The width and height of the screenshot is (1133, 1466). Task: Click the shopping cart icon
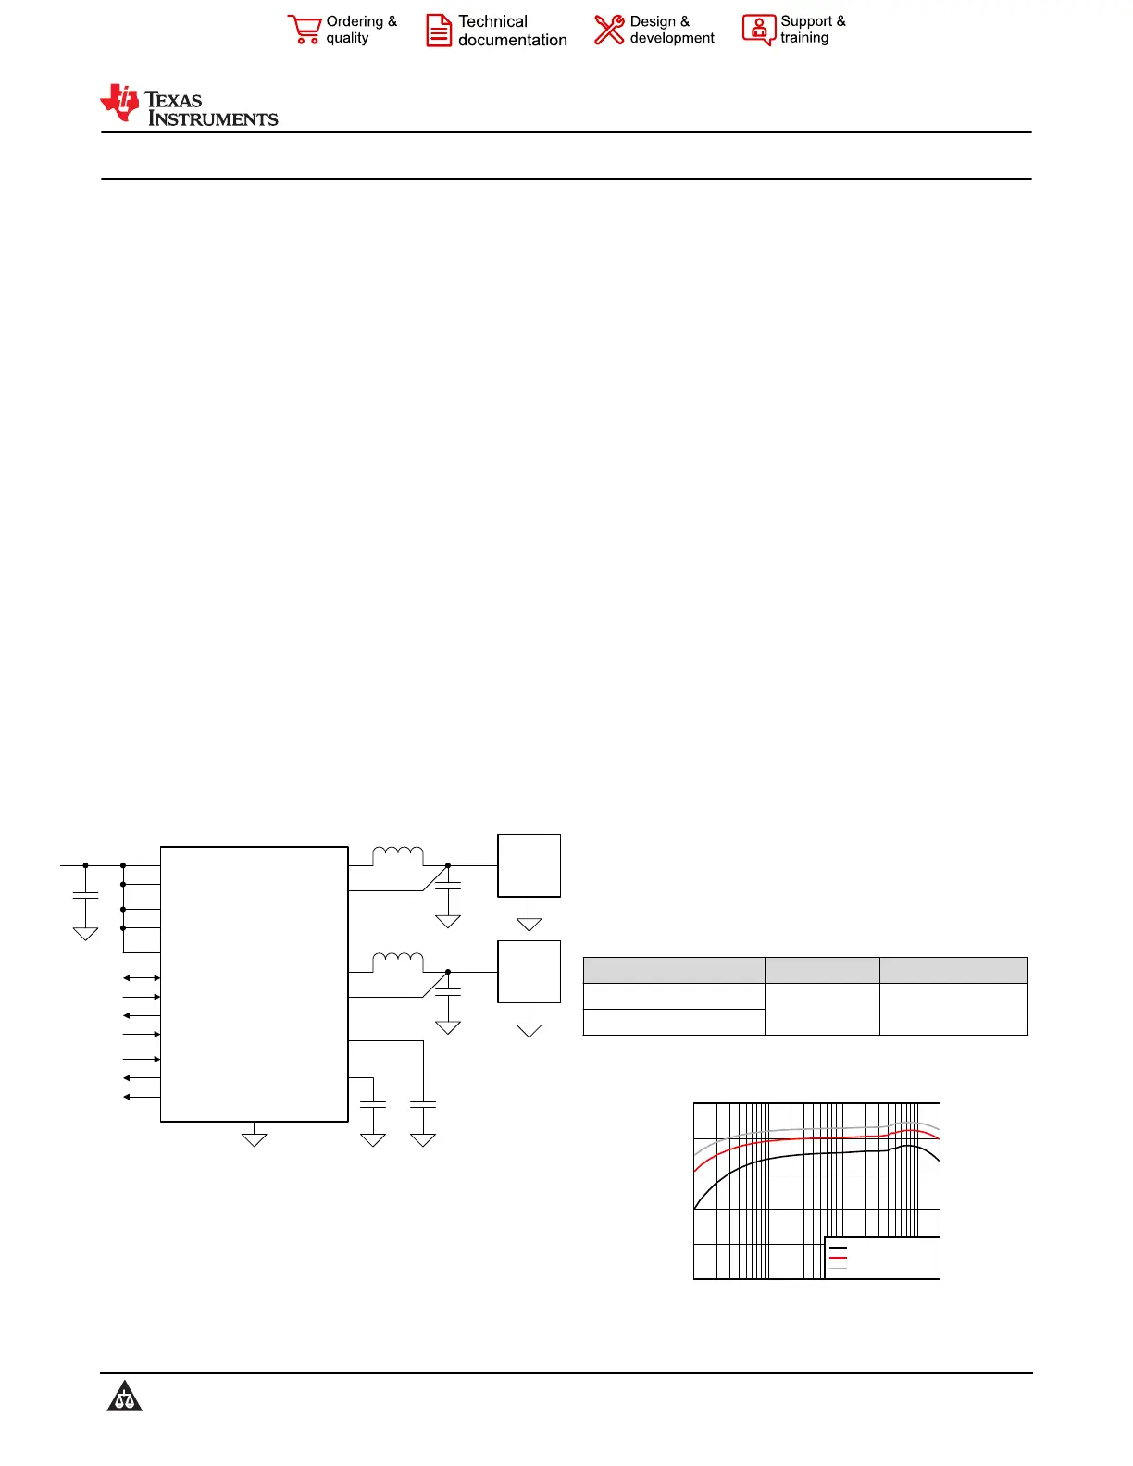tap(305, 30)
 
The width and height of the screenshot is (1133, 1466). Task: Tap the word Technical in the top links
tap(492, 21)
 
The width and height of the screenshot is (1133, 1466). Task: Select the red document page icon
tap(439, 31)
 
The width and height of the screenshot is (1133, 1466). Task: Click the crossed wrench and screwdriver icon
tap(609, 31)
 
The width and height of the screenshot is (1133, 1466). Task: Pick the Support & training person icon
tap(759, 30)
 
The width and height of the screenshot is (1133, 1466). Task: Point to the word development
tap(671, 39)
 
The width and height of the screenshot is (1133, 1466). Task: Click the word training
tap(804, 38)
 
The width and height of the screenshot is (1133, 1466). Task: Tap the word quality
tap(347, 39)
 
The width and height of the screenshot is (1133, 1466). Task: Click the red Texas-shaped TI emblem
tap(120, 103)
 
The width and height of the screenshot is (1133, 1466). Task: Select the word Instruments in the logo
tap(213, 118)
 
